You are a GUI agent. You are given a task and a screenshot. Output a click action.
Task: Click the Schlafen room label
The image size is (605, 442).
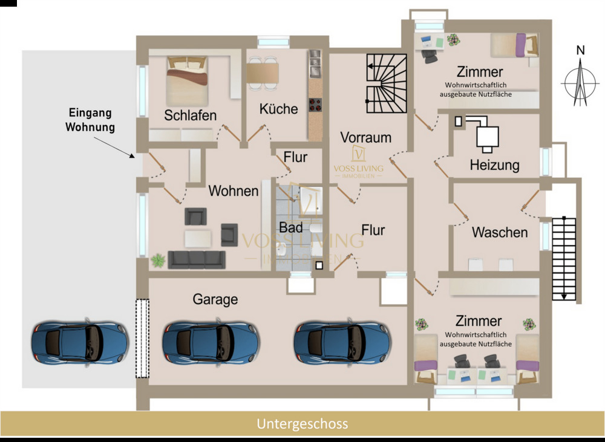tap(191, 115)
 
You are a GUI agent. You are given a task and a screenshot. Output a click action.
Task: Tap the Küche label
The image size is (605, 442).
tap(278, 109)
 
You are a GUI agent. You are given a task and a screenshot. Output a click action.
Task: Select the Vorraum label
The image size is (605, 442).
tap(365, 137)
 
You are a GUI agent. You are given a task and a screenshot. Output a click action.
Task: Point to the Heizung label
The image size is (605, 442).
tap(495, 164)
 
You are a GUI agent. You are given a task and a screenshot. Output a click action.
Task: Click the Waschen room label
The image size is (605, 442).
tap(500, 232)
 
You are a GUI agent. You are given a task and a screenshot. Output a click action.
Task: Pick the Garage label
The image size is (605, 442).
tap(215, 299)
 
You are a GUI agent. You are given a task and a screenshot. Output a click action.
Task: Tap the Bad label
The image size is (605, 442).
tap(290, 228)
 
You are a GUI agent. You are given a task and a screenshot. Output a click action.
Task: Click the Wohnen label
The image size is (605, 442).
tap(234, 191)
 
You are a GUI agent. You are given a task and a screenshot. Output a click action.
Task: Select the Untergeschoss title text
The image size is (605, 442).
tap(302, 423)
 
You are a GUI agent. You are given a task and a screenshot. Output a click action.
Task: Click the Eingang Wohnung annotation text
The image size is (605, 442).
tap(90, 120)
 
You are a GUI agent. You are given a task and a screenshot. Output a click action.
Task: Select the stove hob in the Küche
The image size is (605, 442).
tap(315, 105)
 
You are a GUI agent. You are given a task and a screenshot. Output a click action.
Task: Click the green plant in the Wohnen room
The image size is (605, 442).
tap(158, 261)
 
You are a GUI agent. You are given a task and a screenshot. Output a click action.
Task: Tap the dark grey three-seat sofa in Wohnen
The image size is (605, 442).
tap(197, 260)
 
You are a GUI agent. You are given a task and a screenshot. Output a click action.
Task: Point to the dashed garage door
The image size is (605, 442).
tap(142, 339)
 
